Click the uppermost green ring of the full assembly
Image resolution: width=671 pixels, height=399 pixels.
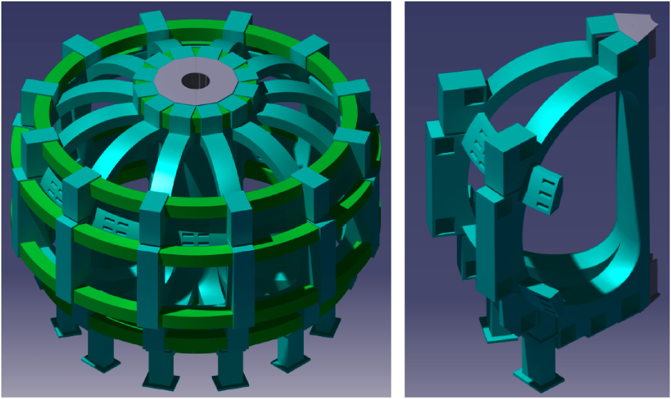[x=203, y=30]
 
